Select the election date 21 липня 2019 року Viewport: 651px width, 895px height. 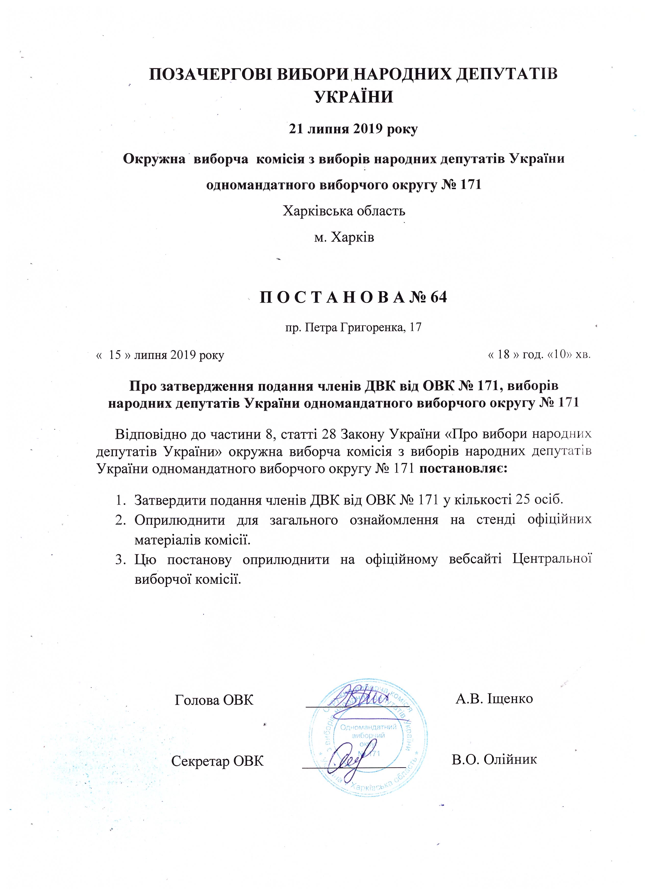pos(353,130)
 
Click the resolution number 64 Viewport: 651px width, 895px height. pos(438,298)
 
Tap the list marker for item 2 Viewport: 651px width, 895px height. pos(120,520)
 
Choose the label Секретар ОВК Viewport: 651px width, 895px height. pos(218,761)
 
